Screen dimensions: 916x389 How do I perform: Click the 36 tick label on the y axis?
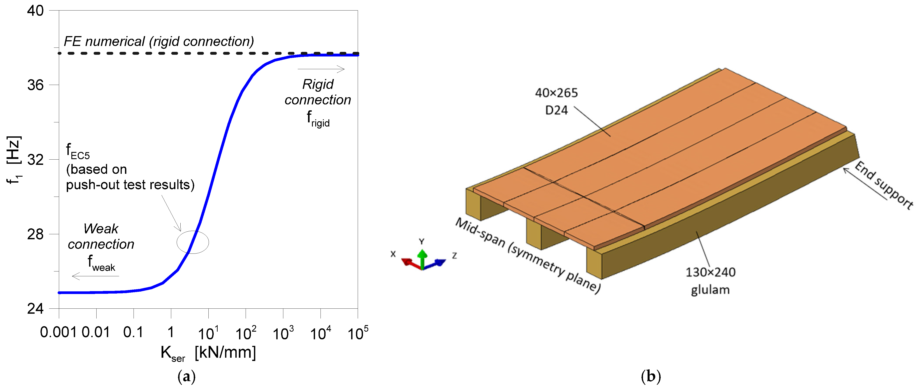pyautogui.click(x=35, y=85)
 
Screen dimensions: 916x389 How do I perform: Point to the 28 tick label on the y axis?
pyautogui.click(x=35, y=234)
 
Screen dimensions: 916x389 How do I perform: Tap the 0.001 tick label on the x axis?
pyautogui.click(x=58, y=332)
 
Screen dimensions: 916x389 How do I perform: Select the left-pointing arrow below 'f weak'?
pyautogui.click(x=95, y=276)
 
